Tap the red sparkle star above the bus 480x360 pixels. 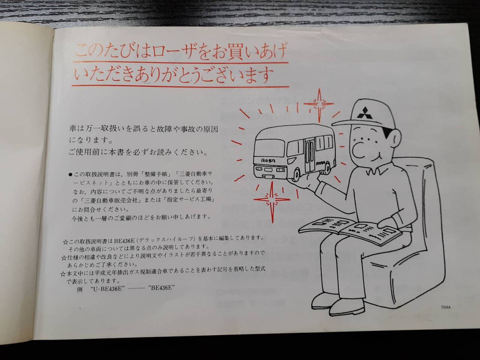pos(319,105)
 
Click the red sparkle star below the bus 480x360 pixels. pos(272,200)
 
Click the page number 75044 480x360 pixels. pos(445,307)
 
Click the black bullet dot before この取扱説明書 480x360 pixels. pos(70,174)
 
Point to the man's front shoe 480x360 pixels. pos(347,307)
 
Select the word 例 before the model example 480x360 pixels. pos(79,289)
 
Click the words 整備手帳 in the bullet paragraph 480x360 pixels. pos(154,174)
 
